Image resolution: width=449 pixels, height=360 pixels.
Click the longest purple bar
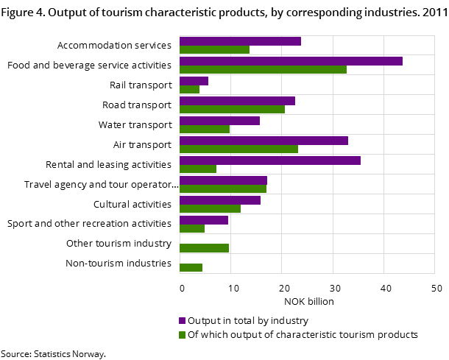[291, 61]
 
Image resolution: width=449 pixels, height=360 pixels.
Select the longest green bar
[263, 70]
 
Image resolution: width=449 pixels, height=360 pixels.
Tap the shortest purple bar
[194, 81]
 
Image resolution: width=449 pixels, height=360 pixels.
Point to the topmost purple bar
[240, 41]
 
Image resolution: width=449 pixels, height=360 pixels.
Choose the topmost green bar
[214, 50]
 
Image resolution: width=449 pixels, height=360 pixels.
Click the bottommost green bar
[191, 268]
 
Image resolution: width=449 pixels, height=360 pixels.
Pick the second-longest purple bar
[270, 160]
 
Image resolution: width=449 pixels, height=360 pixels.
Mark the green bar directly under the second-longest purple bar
[198, 169]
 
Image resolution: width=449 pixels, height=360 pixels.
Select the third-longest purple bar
[264, 141]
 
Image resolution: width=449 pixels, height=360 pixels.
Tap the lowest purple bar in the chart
[204, 220]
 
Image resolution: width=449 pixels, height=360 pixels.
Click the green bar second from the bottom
[204, 248]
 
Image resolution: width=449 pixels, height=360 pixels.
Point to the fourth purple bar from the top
[237, 101]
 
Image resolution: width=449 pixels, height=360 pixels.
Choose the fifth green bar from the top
[205, 130]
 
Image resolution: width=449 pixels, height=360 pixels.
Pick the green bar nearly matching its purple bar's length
[223, 189]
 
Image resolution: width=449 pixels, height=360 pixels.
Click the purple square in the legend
[183, 321]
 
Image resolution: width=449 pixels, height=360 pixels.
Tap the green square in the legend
[183, 335]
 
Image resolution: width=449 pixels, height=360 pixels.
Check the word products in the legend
[398, 335]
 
